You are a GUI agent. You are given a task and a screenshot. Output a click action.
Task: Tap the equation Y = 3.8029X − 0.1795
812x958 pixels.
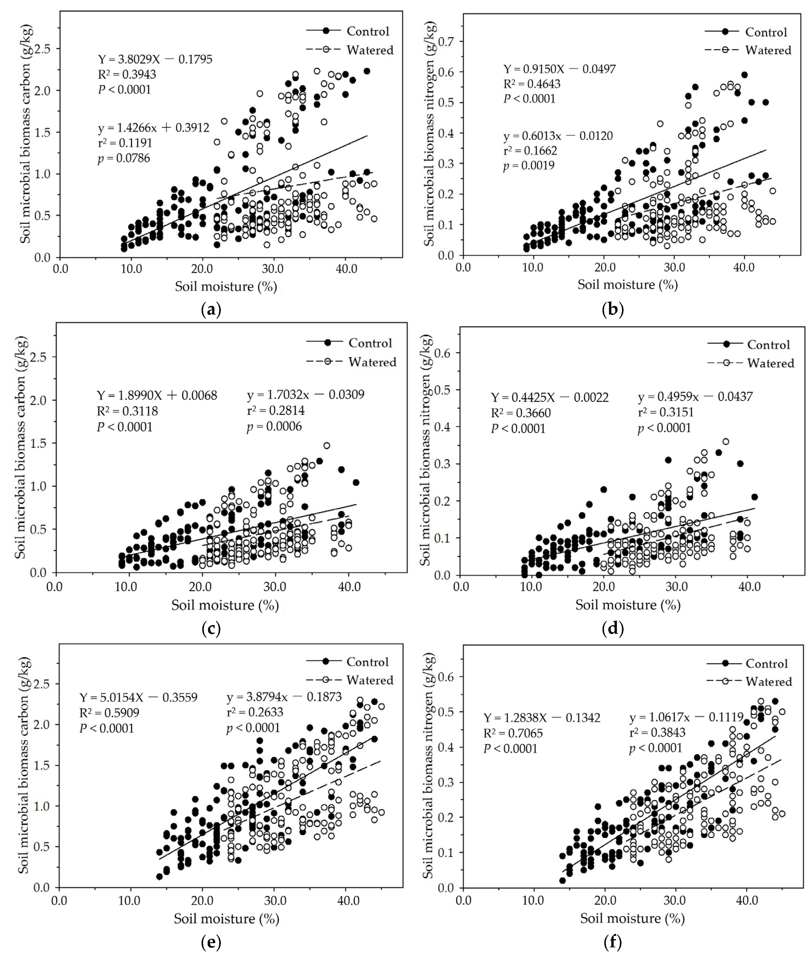click(155, 59)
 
